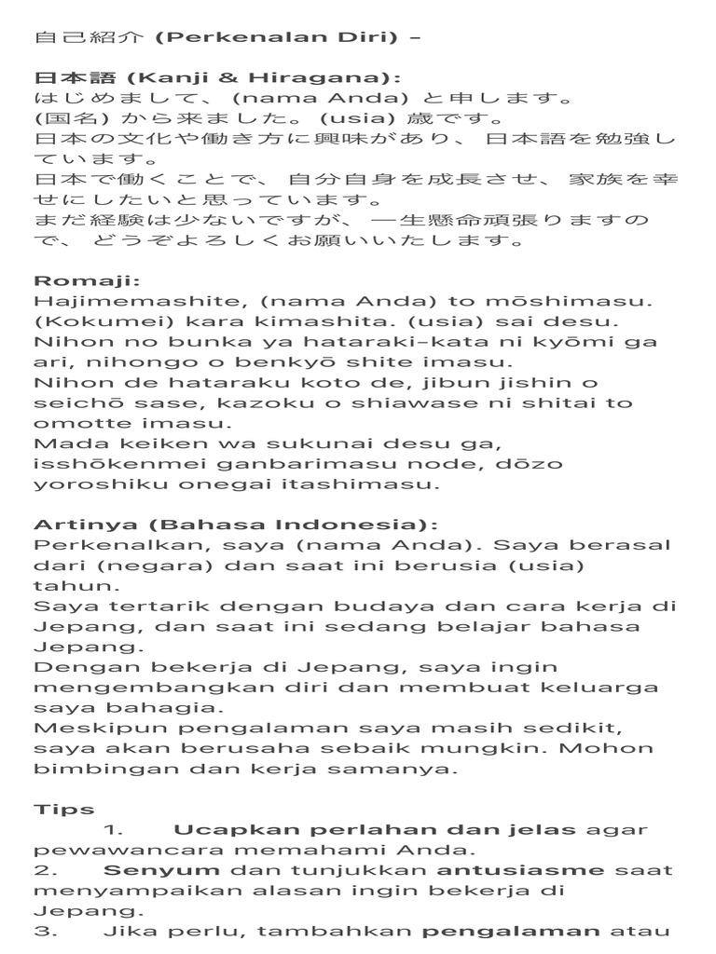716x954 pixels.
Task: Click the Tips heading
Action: tap(64, 810)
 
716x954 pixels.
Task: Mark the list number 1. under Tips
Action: tap(114, 830)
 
